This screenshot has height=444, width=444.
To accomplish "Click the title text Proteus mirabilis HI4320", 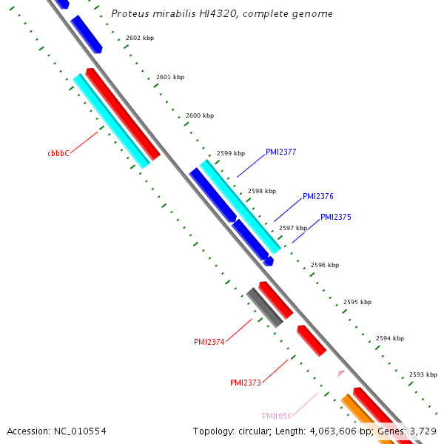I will coord(222,14).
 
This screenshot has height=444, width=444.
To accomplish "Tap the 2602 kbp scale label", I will coord(140,37).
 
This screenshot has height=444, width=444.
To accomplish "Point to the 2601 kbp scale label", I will coord(170,77).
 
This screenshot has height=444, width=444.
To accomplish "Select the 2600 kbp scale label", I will coord(200,115).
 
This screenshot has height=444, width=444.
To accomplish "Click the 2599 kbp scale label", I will coord(231,153).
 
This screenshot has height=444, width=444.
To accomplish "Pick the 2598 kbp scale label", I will coord(262,190).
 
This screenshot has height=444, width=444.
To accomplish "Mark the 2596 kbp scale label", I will coord(325,264).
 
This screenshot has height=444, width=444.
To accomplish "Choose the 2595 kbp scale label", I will coord(357,302).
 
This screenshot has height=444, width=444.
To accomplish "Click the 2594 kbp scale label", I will coord(390,338).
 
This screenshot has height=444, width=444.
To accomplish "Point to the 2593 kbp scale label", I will coord(423,374).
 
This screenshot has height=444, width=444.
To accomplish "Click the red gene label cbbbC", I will coord(58,154).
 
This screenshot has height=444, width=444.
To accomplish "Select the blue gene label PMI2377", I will coord(281,152).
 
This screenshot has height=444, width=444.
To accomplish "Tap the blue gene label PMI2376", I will coord(318,197).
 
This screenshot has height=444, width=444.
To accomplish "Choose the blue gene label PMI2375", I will coord(336,218).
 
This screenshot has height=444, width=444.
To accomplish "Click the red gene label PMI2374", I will coord(209,342).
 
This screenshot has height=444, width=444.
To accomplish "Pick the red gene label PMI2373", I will coord(246,383).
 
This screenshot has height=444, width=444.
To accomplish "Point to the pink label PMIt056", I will coord(277,416).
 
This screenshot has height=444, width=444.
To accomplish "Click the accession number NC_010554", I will coord(57,431).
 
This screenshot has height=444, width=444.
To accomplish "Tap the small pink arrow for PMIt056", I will coord(340,374).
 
